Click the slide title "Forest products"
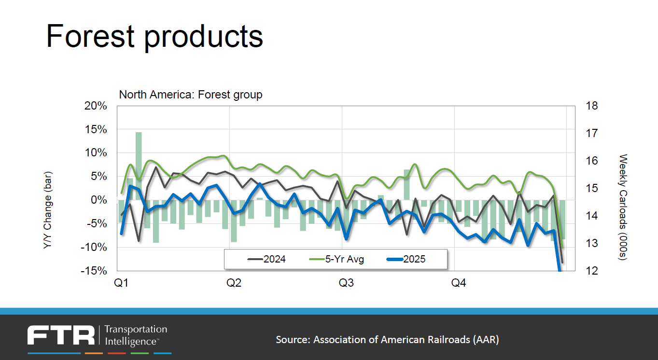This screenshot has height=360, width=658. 154,36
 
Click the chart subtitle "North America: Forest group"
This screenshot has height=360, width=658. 191,95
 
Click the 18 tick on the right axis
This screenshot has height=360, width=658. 592,106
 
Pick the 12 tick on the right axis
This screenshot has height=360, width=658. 592,271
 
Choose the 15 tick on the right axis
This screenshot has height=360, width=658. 592,188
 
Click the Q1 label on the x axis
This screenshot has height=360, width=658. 121,283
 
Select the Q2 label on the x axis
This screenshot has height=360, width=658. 234,283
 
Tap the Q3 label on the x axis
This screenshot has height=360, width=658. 346,283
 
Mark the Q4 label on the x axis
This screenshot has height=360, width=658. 459,283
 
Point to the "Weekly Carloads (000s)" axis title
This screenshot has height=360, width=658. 623,208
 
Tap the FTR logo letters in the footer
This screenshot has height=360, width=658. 61,335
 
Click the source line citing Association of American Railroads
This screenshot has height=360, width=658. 387,340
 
